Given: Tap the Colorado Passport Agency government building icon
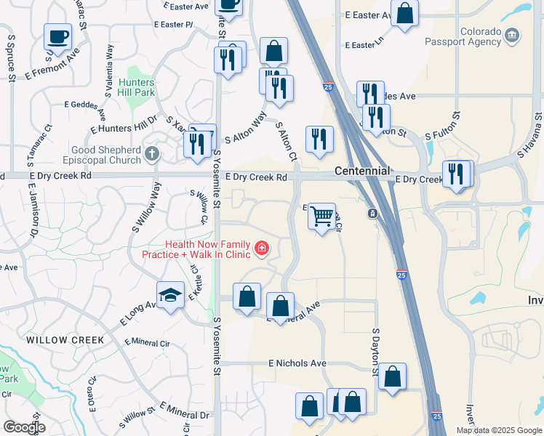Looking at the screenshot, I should pyautogui.click(x=513, y=33).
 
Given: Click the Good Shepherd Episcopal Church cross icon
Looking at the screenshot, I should pyautogui.click(x=151, y=153).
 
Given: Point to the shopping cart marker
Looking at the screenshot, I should pyautogui.click(x=321, y=217).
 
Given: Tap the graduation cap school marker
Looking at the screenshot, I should pyautogui.click(x=169, y=295).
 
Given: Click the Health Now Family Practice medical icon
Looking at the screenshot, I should pyautogui.click(x=261, y=250).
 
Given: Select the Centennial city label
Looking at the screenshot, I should pyautogui.click(x=364, y=171).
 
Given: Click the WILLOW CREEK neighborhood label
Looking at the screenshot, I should pyautogui.click(x=65, y=340).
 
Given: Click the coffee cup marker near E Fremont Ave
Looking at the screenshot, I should pyautogui.click(x=57, y=36).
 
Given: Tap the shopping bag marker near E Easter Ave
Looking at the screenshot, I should pyautogui.click(x=404, y=13).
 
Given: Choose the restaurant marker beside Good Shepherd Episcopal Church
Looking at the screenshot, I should pyautogui.click(x=197, y=144).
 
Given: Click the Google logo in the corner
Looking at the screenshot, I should pyautogui.click(x=24, y=427).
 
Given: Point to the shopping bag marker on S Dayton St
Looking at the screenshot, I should pyautogui.click(x=392, y=377).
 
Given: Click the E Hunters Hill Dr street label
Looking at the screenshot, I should pyautogui.click(x=124, y=124).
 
